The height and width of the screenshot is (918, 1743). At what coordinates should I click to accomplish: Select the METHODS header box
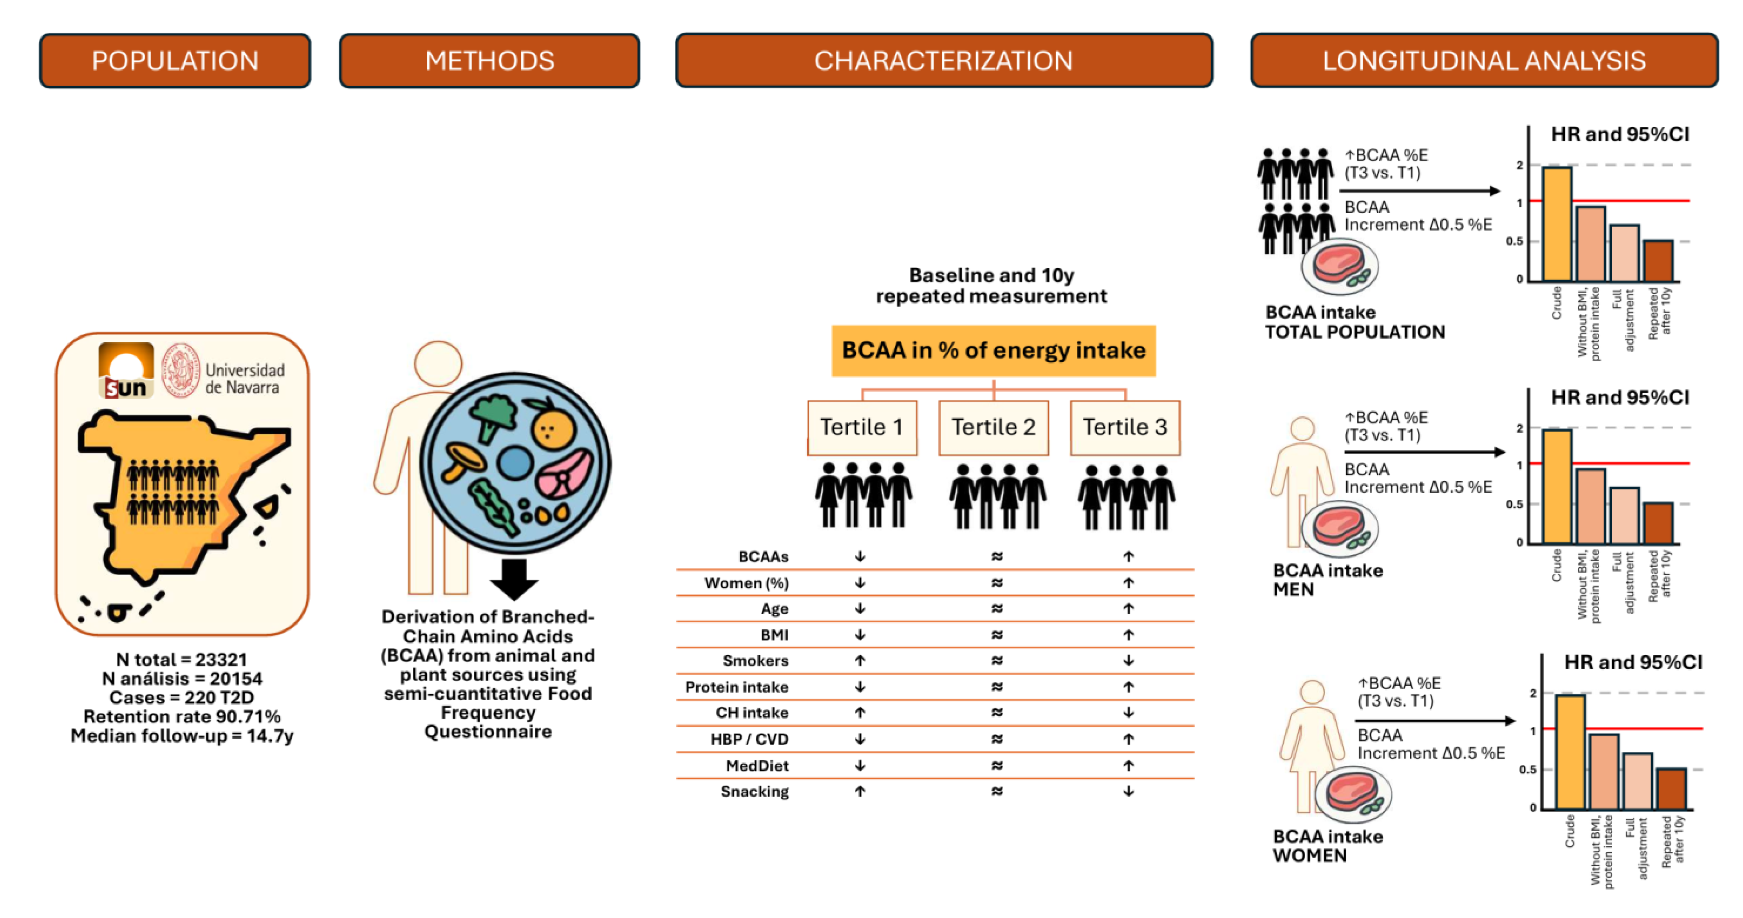[489, 61]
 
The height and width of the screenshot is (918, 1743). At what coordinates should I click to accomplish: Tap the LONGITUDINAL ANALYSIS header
[1484, 61]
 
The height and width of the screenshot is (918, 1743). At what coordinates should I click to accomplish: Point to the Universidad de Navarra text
[245, 379]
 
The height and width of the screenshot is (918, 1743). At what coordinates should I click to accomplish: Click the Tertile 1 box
[862, 428]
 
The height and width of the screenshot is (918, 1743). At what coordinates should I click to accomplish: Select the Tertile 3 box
[1125, 428]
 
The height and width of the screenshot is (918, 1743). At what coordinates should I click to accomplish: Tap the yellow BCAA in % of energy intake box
[993, 351]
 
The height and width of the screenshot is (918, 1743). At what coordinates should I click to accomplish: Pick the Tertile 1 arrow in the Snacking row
[860, 791]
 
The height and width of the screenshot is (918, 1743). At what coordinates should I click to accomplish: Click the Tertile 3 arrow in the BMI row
[1128, 634]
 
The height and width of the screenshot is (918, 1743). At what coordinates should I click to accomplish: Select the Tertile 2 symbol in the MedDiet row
[997, 765]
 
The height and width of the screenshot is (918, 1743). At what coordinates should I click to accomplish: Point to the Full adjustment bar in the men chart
[1624, 515]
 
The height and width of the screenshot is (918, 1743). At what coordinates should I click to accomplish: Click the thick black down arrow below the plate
[514, 578]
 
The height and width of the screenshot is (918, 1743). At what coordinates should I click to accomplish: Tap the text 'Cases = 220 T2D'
[182, 698]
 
